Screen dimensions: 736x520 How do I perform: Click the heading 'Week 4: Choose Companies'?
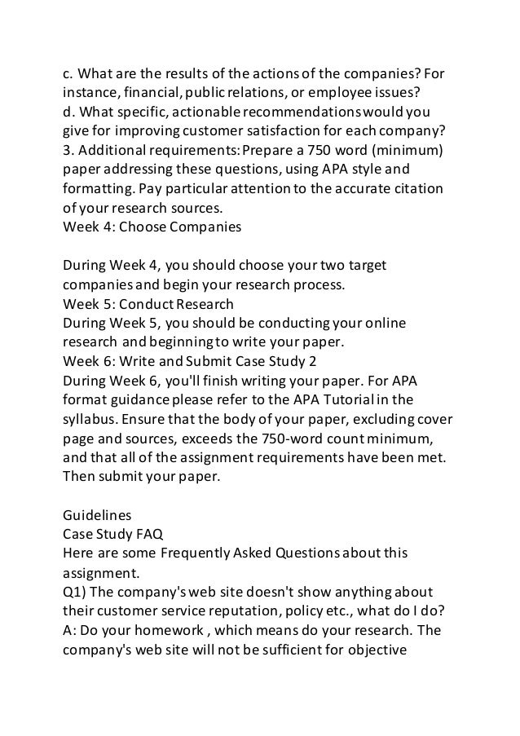pos(152,229)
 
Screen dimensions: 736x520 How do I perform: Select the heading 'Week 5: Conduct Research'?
pos(148,305)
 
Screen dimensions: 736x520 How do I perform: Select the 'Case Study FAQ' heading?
pos(114,535)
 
